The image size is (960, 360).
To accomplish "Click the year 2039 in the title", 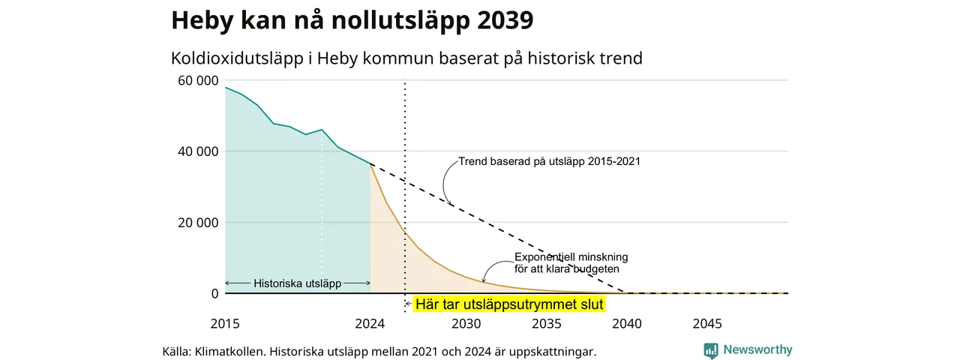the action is [x=505, y=19].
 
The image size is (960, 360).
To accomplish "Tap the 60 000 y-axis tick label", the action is [x=198, y=80].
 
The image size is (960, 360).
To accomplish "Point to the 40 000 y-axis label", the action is [x=198, y=151].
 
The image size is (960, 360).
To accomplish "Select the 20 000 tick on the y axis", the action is [x=198, y=223].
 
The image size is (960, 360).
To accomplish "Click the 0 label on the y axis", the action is [x=214, y=293].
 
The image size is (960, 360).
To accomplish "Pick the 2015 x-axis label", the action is [x=225, y=323].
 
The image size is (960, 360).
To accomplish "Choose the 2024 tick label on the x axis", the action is [x=370, y=323].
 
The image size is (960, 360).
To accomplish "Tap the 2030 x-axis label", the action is [x=466, y=323].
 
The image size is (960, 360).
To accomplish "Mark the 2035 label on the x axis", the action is [x=547, y=323].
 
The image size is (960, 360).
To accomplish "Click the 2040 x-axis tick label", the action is [x=627, y=323].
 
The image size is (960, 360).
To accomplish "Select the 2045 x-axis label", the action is [x=707, y=323].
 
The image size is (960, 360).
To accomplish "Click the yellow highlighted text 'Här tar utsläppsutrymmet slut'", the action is [x=509, y=304].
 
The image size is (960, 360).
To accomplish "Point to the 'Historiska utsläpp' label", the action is [x=298, y=283].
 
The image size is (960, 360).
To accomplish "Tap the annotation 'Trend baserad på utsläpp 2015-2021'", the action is [x=550, y=161].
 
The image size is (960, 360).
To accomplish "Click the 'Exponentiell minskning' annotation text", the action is [x=571, y=257].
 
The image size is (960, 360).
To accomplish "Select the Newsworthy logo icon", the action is [x=711, y=351].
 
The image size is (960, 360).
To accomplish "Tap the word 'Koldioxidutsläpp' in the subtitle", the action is [x=237, y=58].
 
